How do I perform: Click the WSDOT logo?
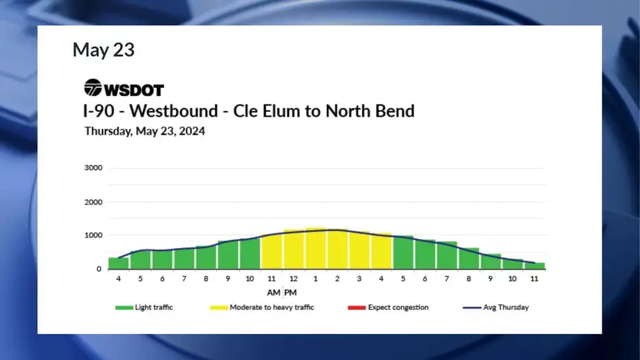(x=124, y=88)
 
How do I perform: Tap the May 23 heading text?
(x=104, y=49)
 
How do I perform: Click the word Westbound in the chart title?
(x=174, y=111)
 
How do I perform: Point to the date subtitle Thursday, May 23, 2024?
(x=145, y=131)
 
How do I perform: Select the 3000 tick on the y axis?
(x=93, y=168)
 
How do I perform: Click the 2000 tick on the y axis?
(x=93, y=202)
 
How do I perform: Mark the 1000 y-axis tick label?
(x=93, y=235)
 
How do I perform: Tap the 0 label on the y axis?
(x=99, y=269)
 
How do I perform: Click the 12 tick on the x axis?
(x=293, y=279)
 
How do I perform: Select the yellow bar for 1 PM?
(x=315, y=248)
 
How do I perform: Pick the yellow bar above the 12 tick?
(x=293, y=249)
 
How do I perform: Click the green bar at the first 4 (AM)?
(x=119, y=263)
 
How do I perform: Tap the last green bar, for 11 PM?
(x=534, y=266)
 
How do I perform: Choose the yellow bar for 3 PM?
(x=359, y=250)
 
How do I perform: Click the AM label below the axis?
(x=273, y=293)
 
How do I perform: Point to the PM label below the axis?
(x=290, y=293)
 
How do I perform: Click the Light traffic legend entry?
(x=144, y=307)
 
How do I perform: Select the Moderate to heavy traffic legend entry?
(x=262, y=307)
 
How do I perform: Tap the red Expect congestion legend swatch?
(x=356, y=308)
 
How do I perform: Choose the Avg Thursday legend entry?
(x=496, y=307)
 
